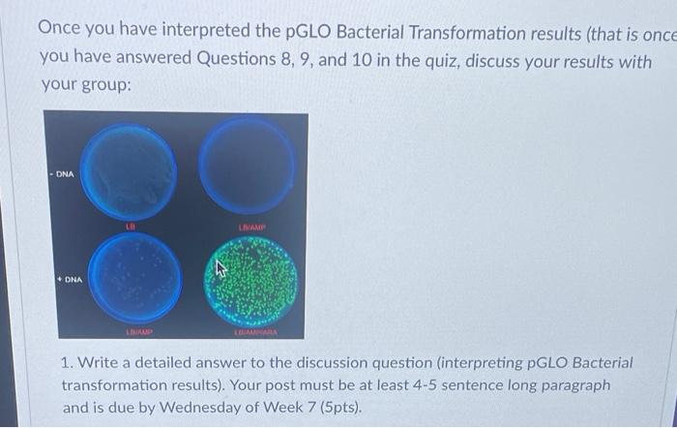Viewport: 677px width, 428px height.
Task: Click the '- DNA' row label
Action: click(x=64, y=174)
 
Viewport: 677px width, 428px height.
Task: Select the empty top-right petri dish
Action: click(x=248, y=168)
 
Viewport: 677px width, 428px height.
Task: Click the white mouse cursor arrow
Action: click(x=221, y=268)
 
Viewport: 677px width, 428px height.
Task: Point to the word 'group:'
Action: click(x=101, y=84)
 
